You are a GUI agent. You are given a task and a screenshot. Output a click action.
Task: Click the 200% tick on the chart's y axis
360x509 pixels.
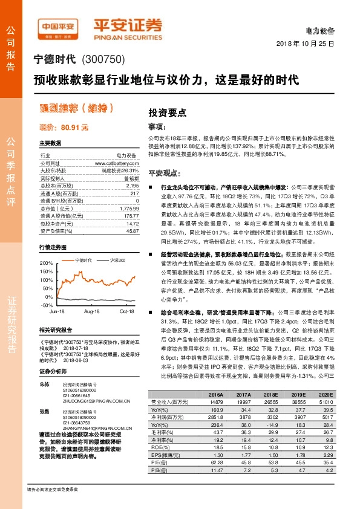pyautogui.click(x=46, y=264)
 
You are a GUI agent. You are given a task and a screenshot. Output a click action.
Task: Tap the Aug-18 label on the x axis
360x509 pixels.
pyautogui.click(x=92, y=311)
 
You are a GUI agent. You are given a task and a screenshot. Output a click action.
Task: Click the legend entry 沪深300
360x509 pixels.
pyautogui.click(x=118, y=259)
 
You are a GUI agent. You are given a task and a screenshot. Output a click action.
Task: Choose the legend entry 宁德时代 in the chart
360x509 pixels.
pyautogui.click(x=81, y=259)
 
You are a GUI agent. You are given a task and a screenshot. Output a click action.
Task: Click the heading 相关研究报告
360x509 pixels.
pyautogui.click(x=56, y=330)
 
